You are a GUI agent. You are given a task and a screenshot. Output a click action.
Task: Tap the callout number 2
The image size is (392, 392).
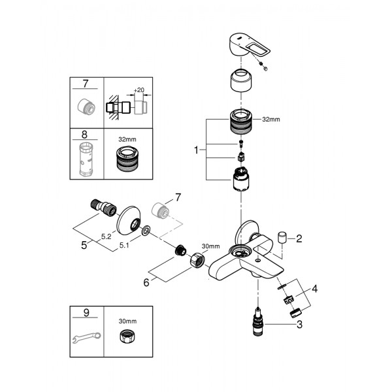click(299, 239)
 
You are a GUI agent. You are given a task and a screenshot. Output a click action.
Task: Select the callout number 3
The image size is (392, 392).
click(299, 324)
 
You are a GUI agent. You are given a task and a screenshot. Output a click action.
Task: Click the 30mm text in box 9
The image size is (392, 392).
click(126, 321)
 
